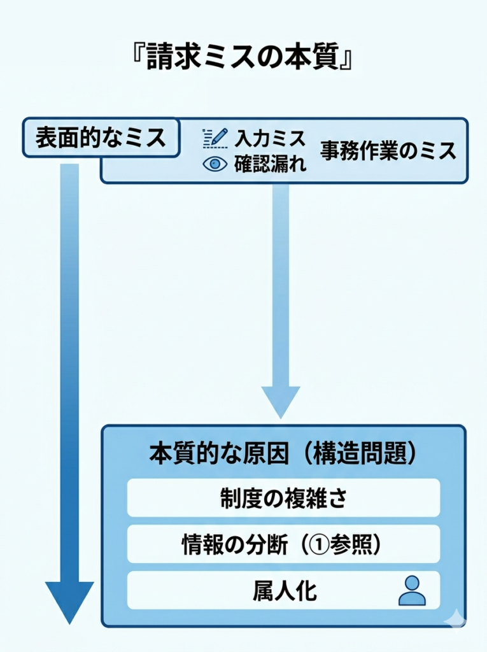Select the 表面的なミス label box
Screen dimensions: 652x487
click(100, 138)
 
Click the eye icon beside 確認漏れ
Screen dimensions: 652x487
click(215, 164)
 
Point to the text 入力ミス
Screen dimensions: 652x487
click(270, 138)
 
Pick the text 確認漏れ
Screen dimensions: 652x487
click(270, 164)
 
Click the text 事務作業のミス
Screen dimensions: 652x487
click(388, 151)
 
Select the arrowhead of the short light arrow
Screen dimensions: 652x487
click(280, 401)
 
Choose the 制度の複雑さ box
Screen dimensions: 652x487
click(283, 497)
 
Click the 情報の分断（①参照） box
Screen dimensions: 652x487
click(283, 544)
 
